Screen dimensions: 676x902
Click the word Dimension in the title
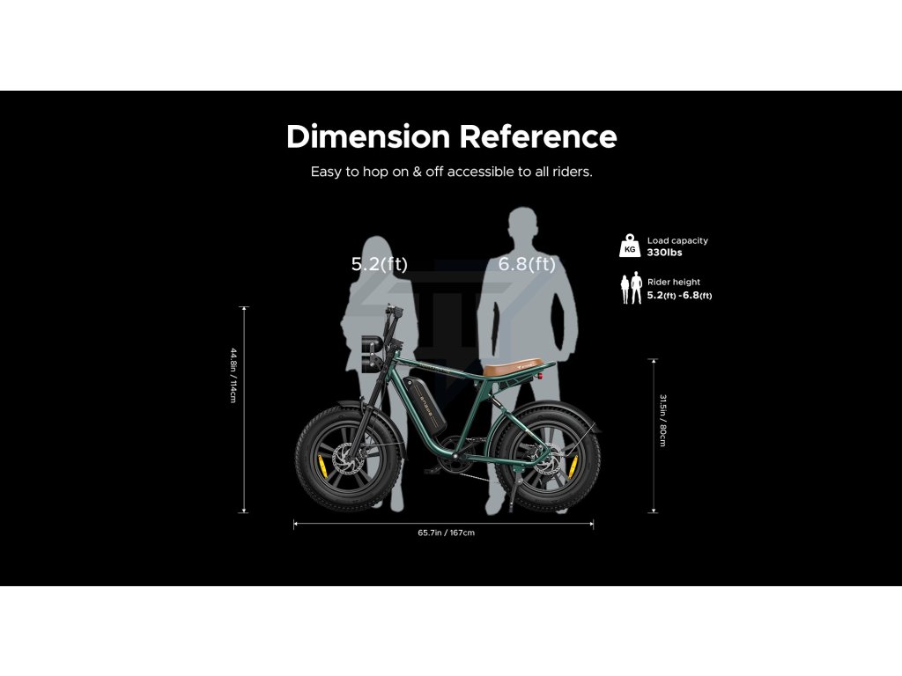click(x=367, y=137)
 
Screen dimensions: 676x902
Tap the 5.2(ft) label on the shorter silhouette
click(x=380, y=264)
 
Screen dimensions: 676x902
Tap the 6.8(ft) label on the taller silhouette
click(x=527, y=264)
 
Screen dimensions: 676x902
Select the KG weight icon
click(x=630, y=246)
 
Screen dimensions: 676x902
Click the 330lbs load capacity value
click(x=664, y=253)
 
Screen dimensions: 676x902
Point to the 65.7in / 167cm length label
click(x=447, y=533)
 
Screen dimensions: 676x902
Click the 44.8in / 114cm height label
click(x=233, y=376)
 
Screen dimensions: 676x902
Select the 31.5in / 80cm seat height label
click(x=662, y=420)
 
